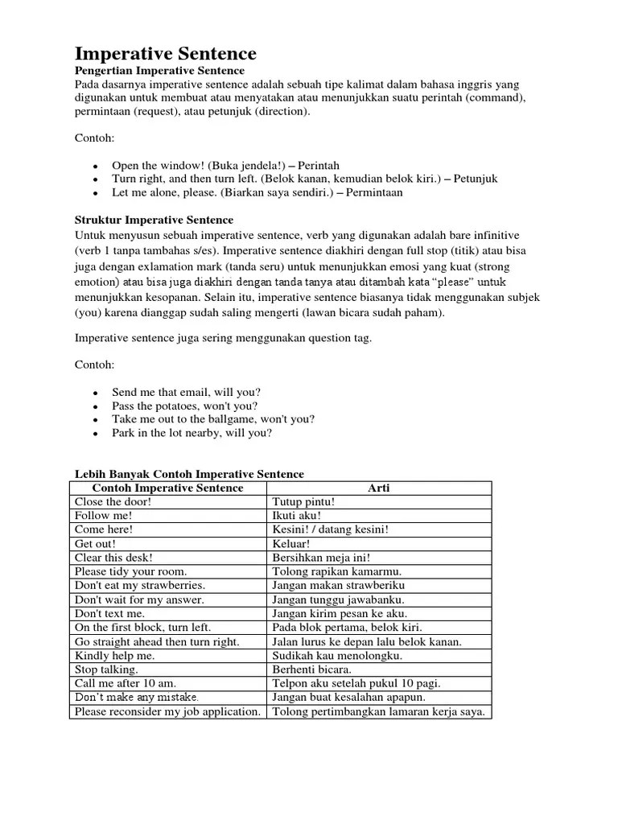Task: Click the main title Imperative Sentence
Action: click(x=166, y=54)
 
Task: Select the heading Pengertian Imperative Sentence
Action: click(x=159, y=72)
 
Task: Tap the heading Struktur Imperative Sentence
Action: click(x=154, y=220)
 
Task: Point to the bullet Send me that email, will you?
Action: click(x=186, y=392)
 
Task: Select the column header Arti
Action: click(x=378, y=488)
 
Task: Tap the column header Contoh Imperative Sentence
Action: click(x=167, y=488)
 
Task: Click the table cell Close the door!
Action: click(x=113, y=501)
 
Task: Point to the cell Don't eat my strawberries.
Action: click(x=139, y=585)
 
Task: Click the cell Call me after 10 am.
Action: click(x=126, y=683)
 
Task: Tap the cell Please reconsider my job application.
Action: click(x=167, y=711)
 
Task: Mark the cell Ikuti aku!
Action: click(x=297, y=515)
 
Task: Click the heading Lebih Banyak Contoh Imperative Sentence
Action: click(x=189, y=474)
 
